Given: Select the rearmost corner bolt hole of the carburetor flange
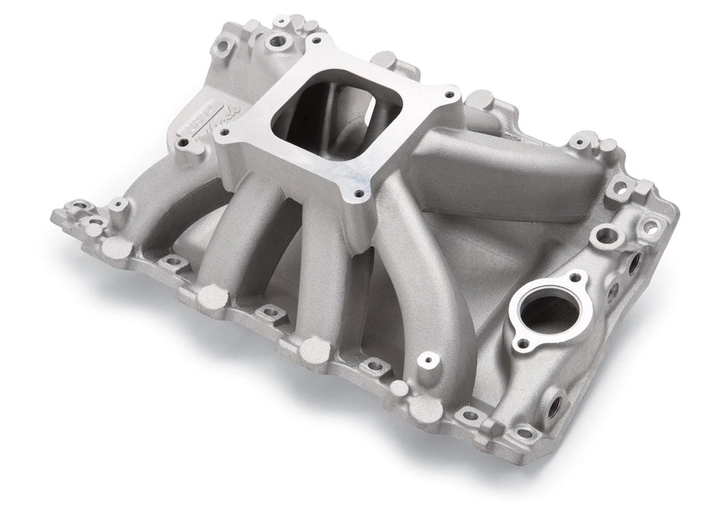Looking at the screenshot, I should pyautogui.click(x=316, y=40).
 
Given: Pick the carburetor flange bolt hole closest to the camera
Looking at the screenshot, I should pyautogui.click(x=359, y=194).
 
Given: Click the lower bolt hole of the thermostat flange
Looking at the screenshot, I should pyautogui.click(x=524, y=344).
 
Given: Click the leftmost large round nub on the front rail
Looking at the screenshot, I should pyautogui.click(x=114, y=247).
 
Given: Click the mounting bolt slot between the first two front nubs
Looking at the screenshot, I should pyautogui.click(x=173, y=261).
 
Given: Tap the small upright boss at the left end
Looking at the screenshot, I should pyautogui.click(x=117, y=204).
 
